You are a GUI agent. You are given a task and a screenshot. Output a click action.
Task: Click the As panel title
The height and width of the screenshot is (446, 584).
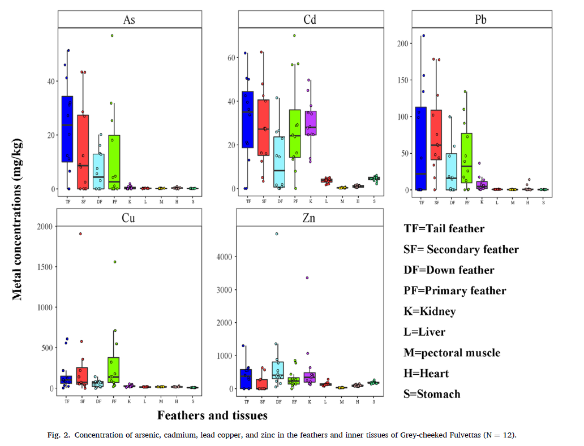click(129, 20)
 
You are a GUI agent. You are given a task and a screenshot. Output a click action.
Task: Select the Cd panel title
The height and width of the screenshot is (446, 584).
click(310, 20)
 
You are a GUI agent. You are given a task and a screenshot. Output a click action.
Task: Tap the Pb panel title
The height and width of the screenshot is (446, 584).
click(482, 20)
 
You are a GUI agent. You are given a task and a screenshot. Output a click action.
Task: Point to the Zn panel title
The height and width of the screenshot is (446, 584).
click(310, 218)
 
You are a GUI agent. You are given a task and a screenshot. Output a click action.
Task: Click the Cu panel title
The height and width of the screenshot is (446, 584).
click(129, 218)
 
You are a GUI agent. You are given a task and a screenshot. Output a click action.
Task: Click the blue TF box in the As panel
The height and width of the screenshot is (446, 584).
click(67, 129)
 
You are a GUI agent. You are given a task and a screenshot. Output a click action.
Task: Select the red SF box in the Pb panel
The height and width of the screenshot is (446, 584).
click(436, 135)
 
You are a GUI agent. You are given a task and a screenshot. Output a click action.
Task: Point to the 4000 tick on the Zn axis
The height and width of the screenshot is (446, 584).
click(225, 257)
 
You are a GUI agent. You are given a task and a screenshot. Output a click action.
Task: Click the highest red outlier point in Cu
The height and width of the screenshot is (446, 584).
click(80, 233)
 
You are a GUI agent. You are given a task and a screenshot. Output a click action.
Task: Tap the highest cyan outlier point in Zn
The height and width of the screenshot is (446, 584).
click(277, 233)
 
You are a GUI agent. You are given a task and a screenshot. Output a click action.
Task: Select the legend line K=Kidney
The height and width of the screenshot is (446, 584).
click(430, 311)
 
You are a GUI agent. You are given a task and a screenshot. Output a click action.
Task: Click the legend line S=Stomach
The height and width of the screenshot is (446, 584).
click(432, 394)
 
